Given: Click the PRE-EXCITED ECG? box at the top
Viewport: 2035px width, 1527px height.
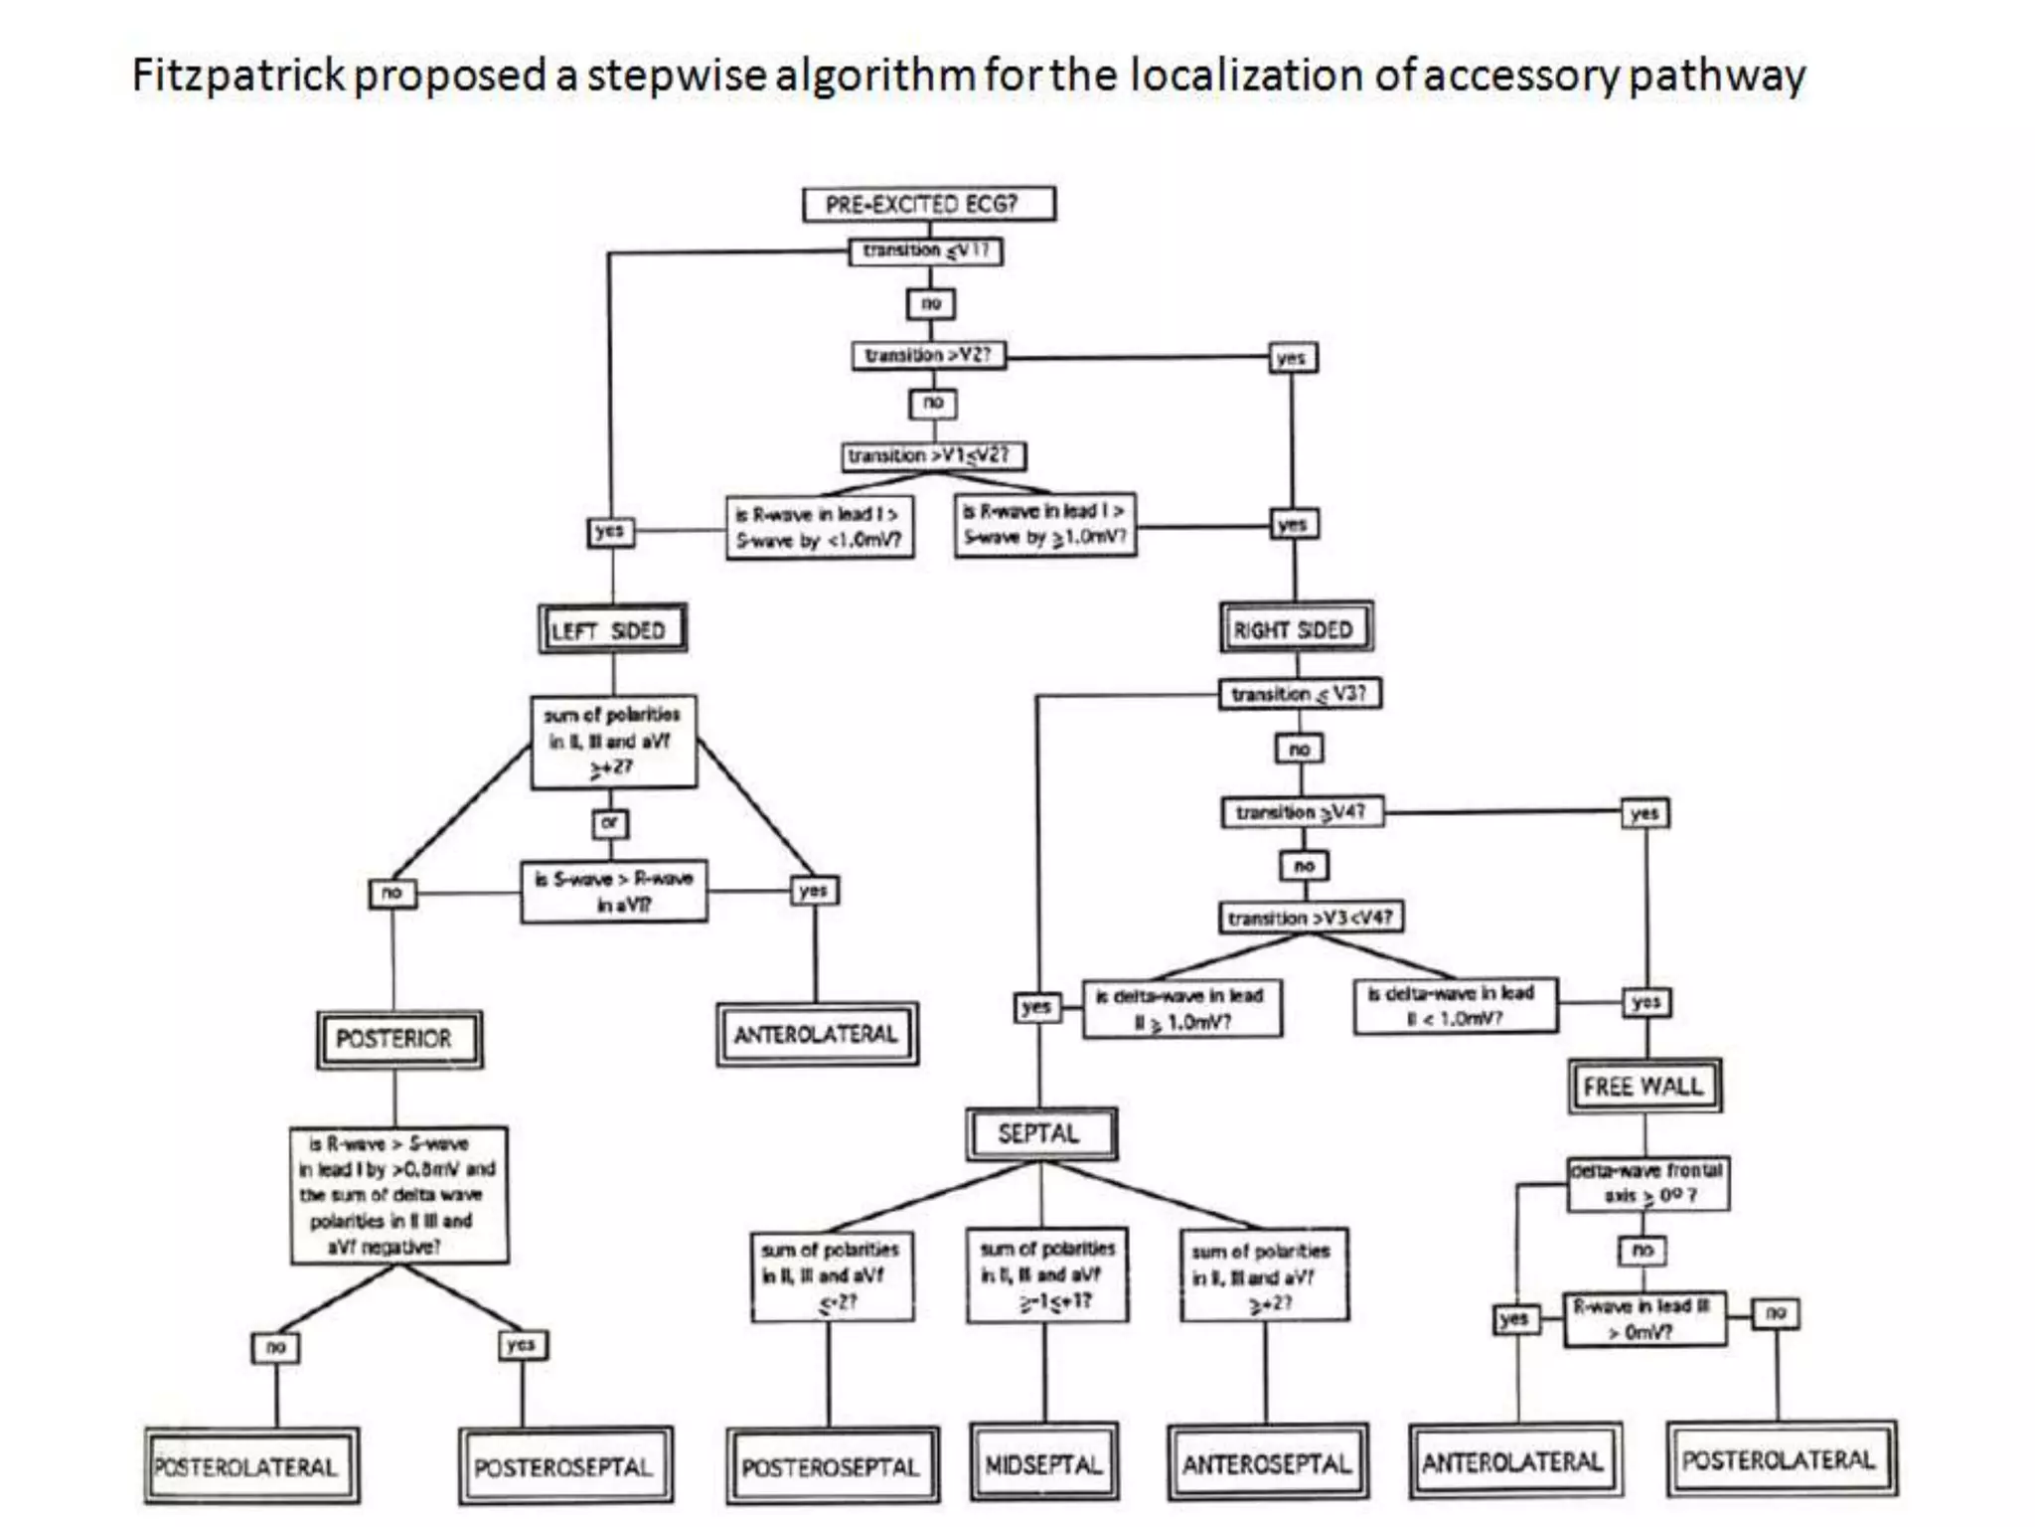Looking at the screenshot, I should [x=928, y=205].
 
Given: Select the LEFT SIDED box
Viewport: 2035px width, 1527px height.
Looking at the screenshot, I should [x=612, y=629].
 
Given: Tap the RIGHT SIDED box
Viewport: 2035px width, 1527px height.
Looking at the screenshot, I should [x=1296, y=628].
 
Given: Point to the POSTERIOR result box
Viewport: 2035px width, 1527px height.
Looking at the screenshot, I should [x=398, y=1040].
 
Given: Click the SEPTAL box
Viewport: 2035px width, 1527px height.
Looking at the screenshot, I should [x=1040, y=1134].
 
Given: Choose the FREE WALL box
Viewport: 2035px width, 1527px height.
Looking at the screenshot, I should [x=1645, y=1087].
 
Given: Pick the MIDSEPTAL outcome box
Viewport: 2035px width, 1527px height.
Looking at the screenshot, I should [x=1044, y=1463].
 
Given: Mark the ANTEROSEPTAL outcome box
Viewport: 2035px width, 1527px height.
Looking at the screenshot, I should [x=1267, y=1463].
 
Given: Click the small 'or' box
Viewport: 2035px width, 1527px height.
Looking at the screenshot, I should [x=610, y=823].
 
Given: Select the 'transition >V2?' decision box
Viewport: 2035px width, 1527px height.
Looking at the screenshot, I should [x=928, y=356].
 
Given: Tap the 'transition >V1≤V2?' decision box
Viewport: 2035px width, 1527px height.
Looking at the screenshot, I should [x=932, y=456].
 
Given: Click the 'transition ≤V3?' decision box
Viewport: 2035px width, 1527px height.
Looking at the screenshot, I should [x=1300, y=694].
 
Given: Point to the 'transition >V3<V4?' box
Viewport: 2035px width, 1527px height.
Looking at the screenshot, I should [x=1311, y=918].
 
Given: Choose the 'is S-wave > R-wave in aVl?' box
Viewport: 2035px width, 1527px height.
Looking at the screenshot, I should [x=614, y=892].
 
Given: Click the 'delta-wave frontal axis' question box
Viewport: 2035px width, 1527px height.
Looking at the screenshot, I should [x=1647, y=1183].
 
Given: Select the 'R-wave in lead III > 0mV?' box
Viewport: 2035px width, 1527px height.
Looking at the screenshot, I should [x=1644, y=1319].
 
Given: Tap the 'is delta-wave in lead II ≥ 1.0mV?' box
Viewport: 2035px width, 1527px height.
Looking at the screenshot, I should [x=1181, y=1009].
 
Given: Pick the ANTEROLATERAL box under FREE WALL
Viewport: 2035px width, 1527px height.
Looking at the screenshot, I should [x=1514, y=1461].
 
